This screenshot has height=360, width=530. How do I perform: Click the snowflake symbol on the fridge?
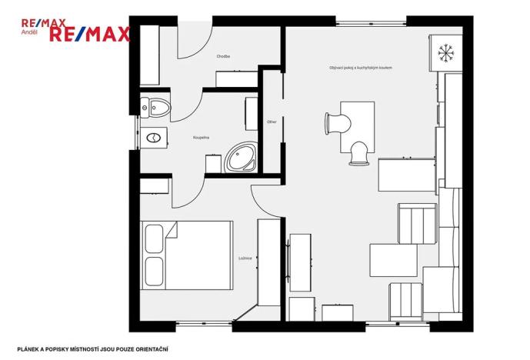click(445, 53)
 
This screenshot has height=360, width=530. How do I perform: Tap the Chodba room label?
click(223, 56)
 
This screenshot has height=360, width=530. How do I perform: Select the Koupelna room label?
click(202, 138)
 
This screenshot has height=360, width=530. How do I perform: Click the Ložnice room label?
click(245, 258)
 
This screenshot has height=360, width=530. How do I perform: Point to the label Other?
click(271, 122)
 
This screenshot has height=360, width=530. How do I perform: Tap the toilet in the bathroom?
click(158, 107)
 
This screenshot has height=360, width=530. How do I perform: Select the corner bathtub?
click(241, 158)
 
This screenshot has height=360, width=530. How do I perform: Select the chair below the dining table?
click(358, 152)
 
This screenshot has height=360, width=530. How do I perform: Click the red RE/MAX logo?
click(90, 33)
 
